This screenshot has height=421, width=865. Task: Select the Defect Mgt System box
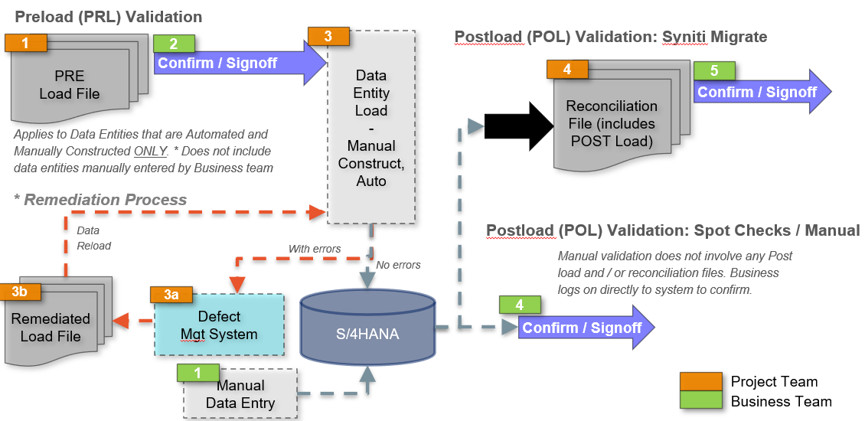(219, 325)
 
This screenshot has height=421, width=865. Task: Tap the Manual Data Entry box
(240, 394)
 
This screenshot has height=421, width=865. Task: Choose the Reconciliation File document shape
(611, 122)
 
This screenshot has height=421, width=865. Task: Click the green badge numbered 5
(713, 70)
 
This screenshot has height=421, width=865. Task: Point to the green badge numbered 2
(174, 44)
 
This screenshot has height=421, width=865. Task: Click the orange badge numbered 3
(328, 35)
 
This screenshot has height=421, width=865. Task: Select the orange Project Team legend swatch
(701, 381)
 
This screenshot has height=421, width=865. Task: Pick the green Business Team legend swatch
(701, 401)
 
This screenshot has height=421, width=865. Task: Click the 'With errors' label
(315, 249)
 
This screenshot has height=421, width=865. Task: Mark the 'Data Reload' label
(93, 238)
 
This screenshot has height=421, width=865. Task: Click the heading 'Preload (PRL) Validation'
(109, 16)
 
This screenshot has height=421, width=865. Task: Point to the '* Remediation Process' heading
(100, 200)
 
